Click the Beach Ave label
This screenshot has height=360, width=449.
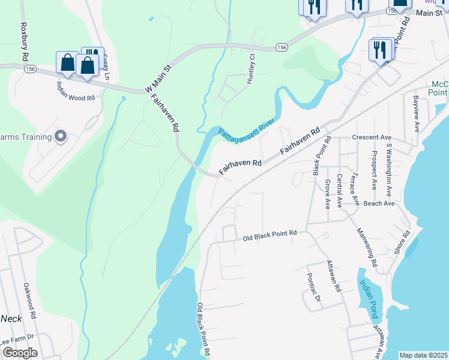379,203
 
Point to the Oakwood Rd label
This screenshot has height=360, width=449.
31,300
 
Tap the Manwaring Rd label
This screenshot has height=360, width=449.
365,245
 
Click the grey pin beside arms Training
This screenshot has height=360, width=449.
60,137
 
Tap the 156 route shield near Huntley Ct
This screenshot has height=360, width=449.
283,47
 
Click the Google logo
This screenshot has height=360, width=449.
19,352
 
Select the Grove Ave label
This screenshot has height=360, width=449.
328,194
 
